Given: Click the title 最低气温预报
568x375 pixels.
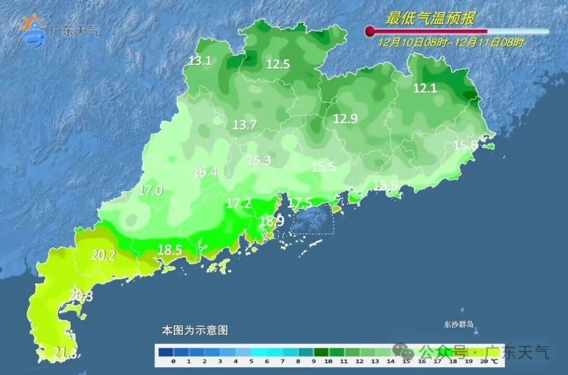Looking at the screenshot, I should tap(430, 19).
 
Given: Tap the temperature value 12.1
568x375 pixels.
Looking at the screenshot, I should tap(425, 88).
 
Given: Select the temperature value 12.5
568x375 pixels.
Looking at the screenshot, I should tap(278, 65).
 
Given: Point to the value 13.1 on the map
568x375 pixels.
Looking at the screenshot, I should tap(200, 61).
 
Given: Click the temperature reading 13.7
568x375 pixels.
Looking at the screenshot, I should tap(245, 125).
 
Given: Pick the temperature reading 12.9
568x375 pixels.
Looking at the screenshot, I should tap(345, 119).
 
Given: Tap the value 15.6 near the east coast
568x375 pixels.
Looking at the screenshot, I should tap(465, 146).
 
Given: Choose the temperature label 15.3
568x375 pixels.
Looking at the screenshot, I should tap(259, 161).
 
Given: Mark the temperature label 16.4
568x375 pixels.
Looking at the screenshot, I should tap(206, 171).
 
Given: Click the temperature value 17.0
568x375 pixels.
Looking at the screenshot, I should tap(150, 190).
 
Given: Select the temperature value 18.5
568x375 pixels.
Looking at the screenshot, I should tap(169, 250).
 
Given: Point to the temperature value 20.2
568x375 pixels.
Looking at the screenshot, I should tap(103, 256).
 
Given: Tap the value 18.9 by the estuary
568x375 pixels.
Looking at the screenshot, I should tap(272, 221).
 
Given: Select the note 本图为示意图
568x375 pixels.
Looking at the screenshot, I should tap(195, 331).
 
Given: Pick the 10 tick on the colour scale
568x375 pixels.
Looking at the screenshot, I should tap(329, 362).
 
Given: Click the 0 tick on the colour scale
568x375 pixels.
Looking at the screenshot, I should tap(173, 362).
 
